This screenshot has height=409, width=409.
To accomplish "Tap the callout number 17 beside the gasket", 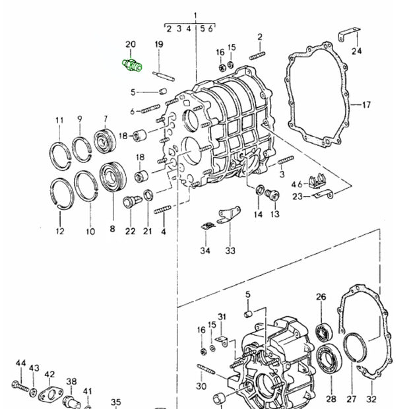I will pyautogui.click(x=367, y=104).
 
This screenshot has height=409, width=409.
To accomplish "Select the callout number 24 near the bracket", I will pyautogui.click(x=357, y=51).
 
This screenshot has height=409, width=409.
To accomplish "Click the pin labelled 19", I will pyautogui.click(x=163, y=72).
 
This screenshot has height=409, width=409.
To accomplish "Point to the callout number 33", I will pyautogui.click(x=230, y=250).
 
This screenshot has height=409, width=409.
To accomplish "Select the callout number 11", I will pyautogui.click(x=60, y=121).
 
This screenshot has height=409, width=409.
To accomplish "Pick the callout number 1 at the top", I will pyautogui.click(x=195, y=15).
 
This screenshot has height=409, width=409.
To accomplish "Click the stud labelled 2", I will pyautogui.click(x=257, y=55).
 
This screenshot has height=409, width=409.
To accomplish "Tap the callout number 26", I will pyautogui.click(x=321, y=297).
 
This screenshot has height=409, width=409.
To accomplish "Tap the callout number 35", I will pyautogui.click(x=115, y=402).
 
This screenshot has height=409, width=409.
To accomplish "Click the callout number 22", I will pyautogui.click(x=130, y=230).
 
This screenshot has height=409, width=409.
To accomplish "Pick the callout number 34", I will pyautogui.click(x=205, y=251).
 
